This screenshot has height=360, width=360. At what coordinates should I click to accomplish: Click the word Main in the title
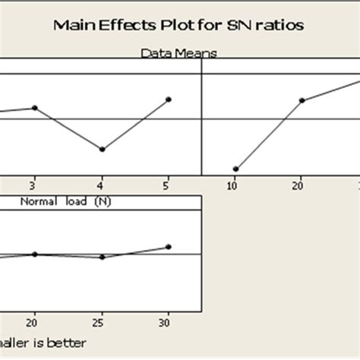[74, 25]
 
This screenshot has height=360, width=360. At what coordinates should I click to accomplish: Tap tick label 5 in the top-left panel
[168, 185]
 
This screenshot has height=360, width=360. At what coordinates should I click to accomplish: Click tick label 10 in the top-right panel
[235, 185]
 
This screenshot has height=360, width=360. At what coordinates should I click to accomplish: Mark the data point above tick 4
[102, 149]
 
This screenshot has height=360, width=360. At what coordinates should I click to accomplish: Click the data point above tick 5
[168, 99]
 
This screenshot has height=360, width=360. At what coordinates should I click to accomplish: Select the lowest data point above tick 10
[235, 169]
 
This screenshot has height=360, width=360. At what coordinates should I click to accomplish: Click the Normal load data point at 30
[168, 247]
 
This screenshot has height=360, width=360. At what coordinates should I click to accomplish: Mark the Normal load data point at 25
[102, 257]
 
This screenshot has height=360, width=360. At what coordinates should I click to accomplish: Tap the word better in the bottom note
[66, 343]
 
